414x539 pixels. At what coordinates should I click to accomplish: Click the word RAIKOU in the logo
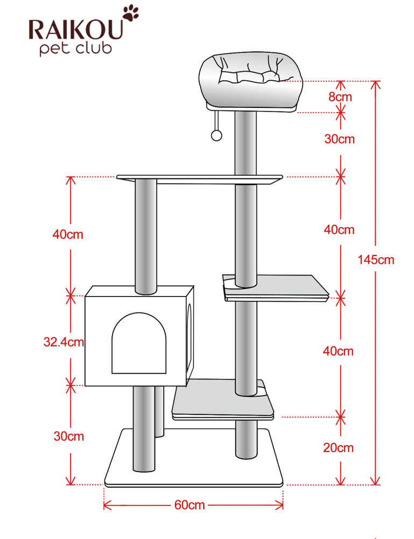coord(75,29)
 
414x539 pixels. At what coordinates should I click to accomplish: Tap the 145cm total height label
coord(376,260)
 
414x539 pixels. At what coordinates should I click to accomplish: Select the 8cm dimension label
coord(340,96)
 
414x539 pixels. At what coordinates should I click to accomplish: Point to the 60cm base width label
coord(190,505)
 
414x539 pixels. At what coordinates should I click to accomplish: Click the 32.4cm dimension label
coord(64,342)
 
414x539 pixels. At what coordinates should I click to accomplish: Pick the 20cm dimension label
coord(338,447)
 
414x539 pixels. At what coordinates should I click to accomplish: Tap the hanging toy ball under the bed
coord(216,135)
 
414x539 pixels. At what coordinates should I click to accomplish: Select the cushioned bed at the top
coord(251,81)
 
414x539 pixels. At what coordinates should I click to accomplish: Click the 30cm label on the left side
coord(69,436)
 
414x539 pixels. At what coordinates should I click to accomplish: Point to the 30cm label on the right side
coord(340,139)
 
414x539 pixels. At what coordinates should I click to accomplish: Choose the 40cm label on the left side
coord(68,234)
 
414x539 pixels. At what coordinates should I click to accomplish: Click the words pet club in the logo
coord(75,49)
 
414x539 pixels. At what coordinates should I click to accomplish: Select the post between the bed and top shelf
coord(245,143)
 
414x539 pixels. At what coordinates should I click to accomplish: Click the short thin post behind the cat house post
coord(159,411)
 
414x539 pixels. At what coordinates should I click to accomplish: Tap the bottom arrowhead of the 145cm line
coord(376,481)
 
